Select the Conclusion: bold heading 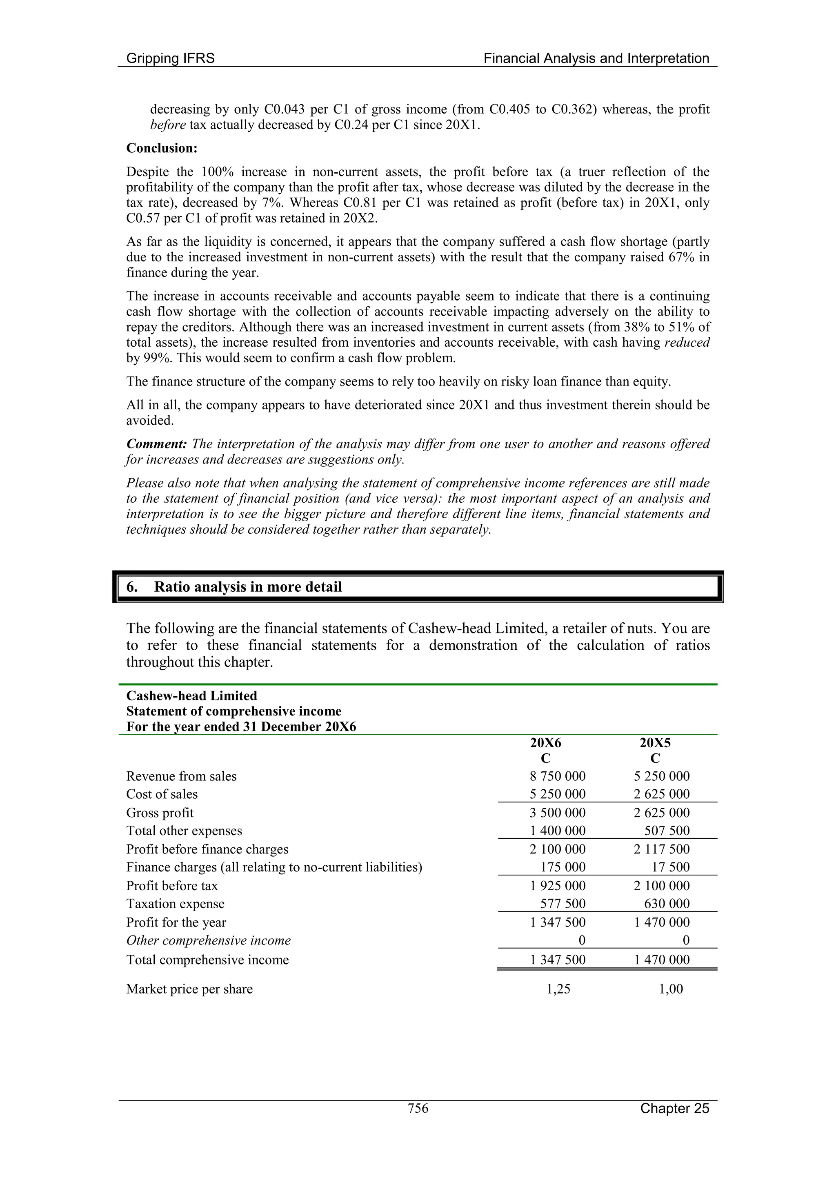(162, 148)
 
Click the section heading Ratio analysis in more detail (248, 587)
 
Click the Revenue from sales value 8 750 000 (558, 776)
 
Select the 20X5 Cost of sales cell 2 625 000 (661, 794)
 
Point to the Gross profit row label (160, 813)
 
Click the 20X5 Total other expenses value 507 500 (667, 831)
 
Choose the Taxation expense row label (175, 904)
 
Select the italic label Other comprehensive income (208, 940)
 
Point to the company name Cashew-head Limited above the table (191, 696)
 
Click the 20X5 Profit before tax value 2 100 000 (661, 886)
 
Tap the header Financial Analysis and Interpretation (596, 58)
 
